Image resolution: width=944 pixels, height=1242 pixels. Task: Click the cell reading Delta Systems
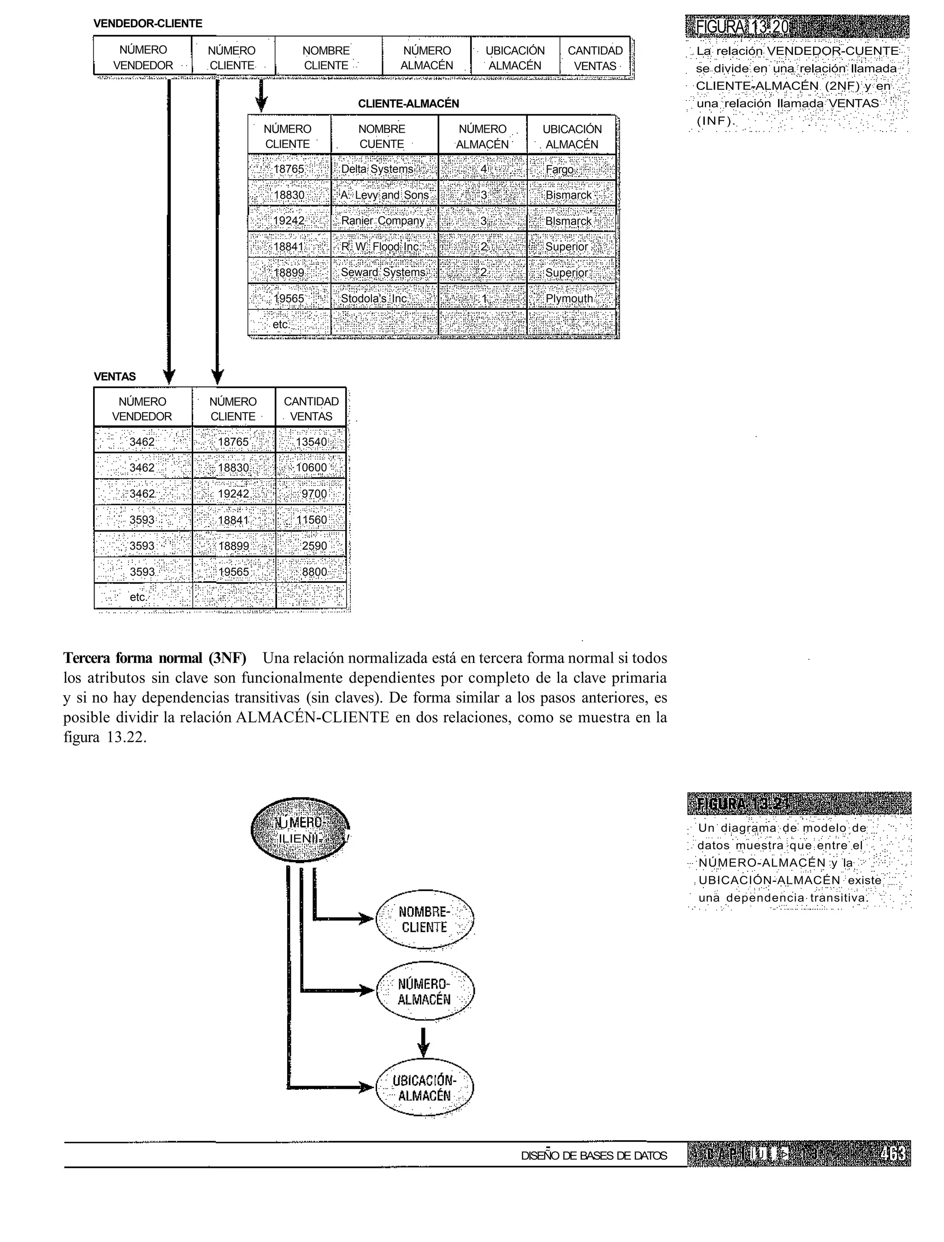[384, 169]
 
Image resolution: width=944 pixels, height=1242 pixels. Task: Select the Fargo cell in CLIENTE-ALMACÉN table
[571, 169]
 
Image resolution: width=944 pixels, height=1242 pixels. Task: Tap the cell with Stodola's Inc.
[384, 298]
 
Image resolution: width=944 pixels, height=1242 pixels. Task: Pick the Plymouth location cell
[571, 298]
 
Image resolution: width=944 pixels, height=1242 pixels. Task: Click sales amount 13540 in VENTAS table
[311, 442]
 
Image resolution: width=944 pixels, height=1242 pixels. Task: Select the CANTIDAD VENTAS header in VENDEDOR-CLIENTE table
[595, 58]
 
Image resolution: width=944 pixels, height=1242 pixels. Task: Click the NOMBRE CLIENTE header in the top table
[326, 58]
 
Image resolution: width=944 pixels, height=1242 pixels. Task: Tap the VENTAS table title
[115, 377]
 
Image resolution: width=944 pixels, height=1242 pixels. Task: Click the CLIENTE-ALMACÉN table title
[408, 103]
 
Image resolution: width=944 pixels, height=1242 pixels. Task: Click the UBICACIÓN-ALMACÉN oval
[424, 1088]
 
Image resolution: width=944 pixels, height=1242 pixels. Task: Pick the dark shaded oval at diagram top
[300, 831]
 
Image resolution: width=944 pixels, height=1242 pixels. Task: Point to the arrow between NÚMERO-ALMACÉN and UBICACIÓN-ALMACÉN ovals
[424, 1042]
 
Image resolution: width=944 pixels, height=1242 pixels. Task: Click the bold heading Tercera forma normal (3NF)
[154, 658]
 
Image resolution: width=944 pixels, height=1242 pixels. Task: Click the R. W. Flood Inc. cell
[384, 247]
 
